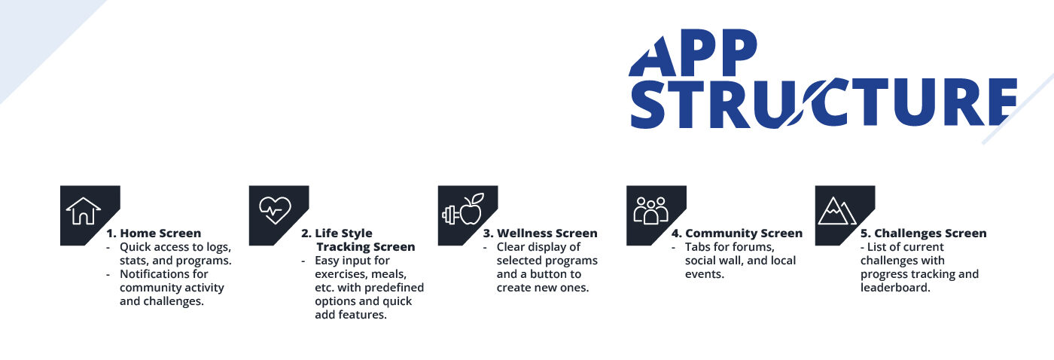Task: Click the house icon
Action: click(84, 211)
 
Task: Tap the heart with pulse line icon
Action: click(276, 210)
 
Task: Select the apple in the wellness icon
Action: click(471, 209)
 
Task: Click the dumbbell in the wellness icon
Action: click(451, 215)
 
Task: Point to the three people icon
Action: click(650, 210)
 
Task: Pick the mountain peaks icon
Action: click(837, 211)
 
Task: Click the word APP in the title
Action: click(693, 53)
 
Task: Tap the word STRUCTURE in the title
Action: click(824, 102)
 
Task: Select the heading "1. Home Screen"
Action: click(154, 233)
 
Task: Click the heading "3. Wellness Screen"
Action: click(541, 233)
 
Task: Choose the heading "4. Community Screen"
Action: click(737, 233)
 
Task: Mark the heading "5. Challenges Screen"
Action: click(923, 233)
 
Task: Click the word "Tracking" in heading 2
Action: click(341, 247)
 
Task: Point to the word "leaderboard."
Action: click(895, 288)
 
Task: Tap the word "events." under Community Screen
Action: click(705, 274)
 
